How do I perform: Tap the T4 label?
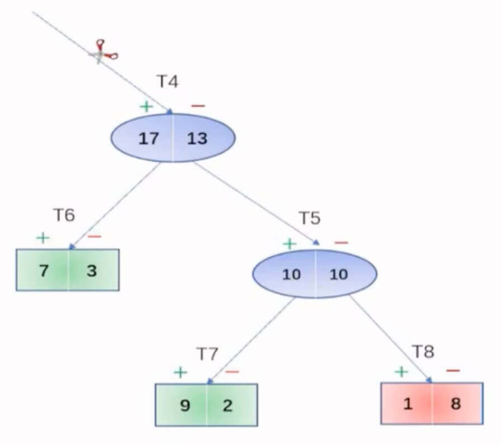pyautogui.click(x=167, y=82)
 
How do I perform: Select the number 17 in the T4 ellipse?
pyautogui.click(x=149, y=138)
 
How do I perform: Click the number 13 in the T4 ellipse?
pyautogui.click(x=197, y=138)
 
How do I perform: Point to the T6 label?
pyautogui.click(x=64, y=215)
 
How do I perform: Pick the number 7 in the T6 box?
pyautogui.click(x=44, y=271)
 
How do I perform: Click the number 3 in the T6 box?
pyautogui.click(x=92, y=271)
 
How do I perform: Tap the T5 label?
pyautogui.click(x=309, y=218)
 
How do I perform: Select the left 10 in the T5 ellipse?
pyautogui.click(x=291, y=275)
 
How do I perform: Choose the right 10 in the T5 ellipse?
pyautogui.click(x=339, y=275)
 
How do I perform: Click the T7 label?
pyautogui.click(x=207, y=353)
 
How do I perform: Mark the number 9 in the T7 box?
pyautogui.click(x=185, y=405)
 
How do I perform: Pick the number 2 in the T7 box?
pyautogui.click(x=228, y=405)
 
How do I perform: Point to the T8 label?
pyautogui.click(x=423, y=352)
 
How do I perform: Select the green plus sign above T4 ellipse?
pyautogui.click(x=146, y=107)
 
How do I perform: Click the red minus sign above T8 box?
pyautogui.click(x=453, y=370)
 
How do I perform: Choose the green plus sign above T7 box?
pyautogui.click(x=180, y=372)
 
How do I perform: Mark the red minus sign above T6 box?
pyautogui.click(x=94, y=236)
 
